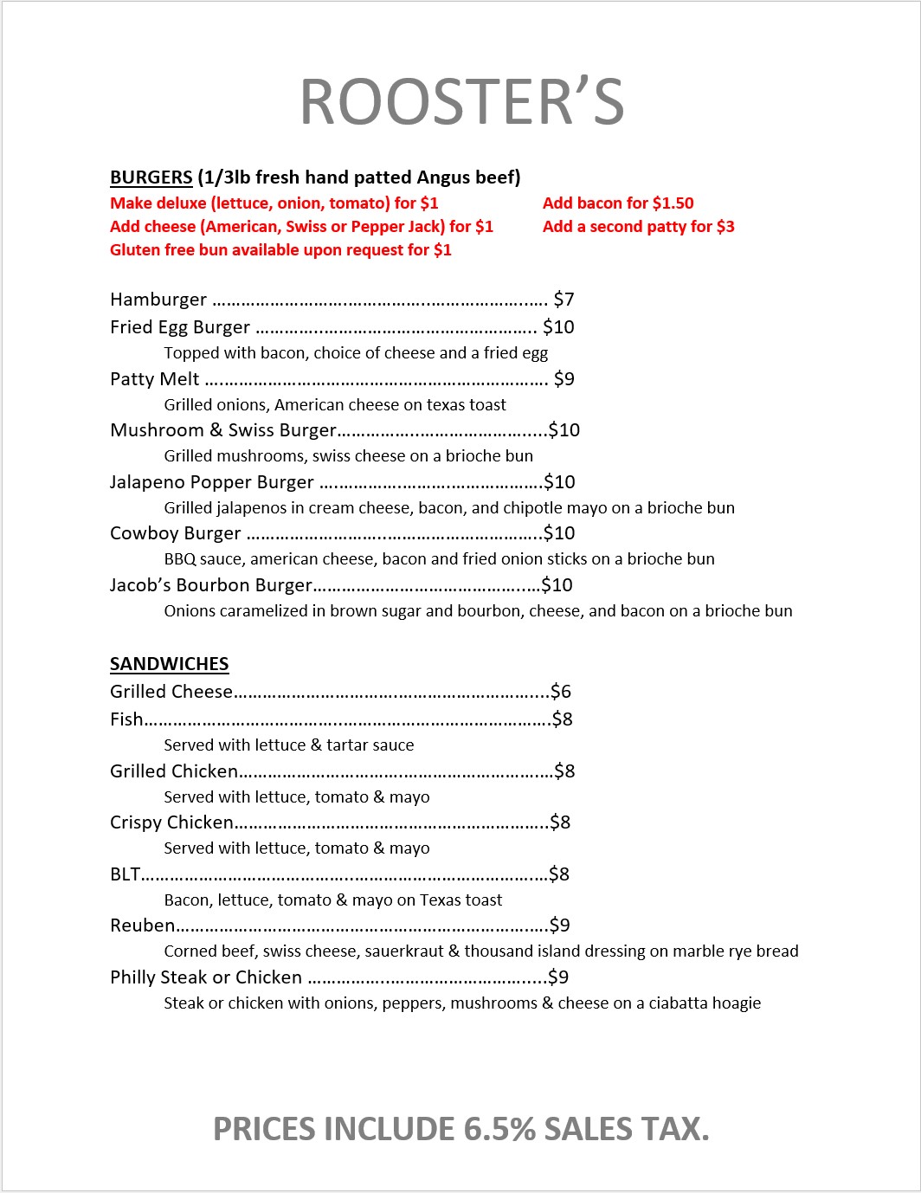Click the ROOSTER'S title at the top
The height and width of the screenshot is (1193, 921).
click(x=461, y=102)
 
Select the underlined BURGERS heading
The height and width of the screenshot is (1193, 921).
click(x=151, y=177)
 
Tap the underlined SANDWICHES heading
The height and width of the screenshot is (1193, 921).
click(x=169, y=664)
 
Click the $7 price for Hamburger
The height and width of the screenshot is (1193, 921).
click(x=564, y=300)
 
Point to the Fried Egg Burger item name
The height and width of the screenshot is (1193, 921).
click(x=179, y=327)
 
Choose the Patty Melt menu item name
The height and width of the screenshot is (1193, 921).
click(x=154, y=379)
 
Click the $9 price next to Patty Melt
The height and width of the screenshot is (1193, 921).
click(x=564, y=379)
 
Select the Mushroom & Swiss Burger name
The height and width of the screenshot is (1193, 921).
click(x=222, y=430)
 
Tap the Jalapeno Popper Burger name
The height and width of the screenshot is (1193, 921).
click(x=211, y=482)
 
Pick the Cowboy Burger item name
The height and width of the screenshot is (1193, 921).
click(x=175, y=533)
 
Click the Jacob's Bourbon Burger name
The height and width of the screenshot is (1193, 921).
click(x=210, y=585)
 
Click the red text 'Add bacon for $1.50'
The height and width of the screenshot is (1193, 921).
click(x=618, y=203)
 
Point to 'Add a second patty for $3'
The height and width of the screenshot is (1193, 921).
click(x=638, y=227)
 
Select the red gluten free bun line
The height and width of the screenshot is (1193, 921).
click(x=280, y=250)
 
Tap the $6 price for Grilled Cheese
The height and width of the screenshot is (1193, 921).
click(x=561, y=692)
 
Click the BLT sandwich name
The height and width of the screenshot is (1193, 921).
click(x=125, y=874)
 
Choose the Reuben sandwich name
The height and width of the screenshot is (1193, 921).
click(x=142, y=925)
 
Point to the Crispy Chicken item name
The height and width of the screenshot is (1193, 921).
click(x=171, y=822)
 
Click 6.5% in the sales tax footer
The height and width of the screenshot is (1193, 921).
click(x=499, y=1129)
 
